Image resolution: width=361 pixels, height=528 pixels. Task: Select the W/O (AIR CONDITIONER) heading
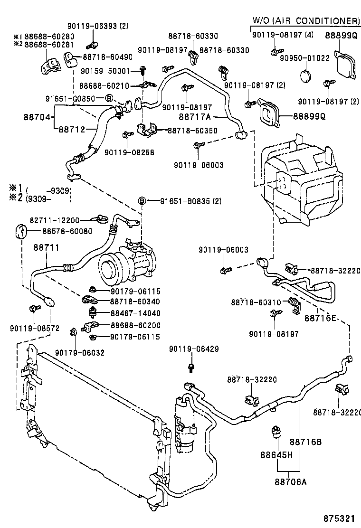tap(306, 20)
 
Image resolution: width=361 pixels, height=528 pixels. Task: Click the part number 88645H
tap(276, 454)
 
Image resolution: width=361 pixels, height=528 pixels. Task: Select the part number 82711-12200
tap(57, 220)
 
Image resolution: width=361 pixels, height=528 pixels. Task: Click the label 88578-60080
tap(67, 231)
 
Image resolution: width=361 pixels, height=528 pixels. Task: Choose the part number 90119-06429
tap(194, 349)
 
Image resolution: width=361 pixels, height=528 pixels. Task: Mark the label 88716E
tap(321, 318)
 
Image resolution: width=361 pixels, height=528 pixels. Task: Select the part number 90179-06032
tap(79, 352)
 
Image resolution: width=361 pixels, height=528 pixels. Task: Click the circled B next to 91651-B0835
tap(142, 201)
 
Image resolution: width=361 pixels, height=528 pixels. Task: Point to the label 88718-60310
tap(256, 302)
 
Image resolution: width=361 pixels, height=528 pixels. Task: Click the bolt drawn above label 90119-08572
tap(33, 309)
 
